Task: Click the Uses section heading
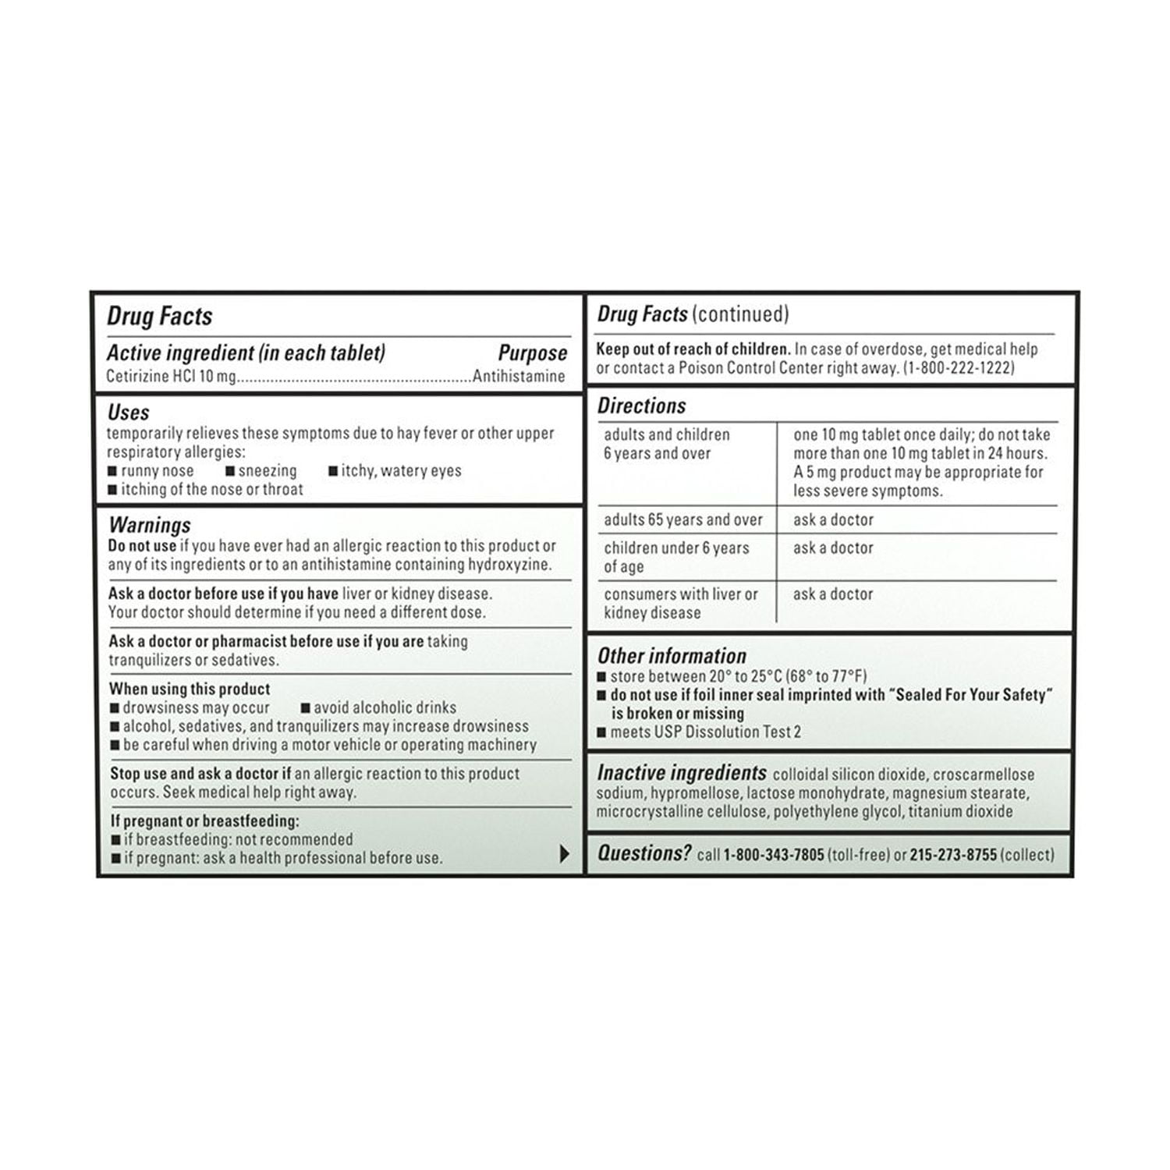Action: pos(129,413)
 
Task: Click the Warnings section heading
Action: pos(150,525)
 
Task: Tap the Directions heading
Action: pos(641,406)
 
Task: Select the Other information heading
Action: pos(672,656)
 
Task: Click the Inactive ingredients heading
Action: pos(681,773)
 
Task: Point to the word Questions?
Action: pos(643,853)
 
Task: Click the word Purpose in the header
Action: pos(532,353)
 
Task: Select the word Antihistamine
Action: pos(519,376)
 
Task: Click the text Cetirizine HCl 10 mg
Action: pos(171,376)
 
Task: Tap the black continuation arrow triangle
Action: pos(565,854)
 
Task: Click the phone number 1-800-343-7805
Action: pos(773,855)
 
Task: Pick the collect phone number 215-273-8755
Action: pos(953,855)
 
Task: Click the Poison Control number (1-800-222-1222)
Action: pos(959,368)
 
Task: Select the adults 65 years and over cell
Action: pos(683,519)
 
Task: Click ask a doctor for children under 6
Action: pos(833,548)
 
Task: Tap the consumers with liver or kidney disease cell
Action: pos(680,603)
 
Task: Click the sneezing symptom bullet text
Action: pos(268,471)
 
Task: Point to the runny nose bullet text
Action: pos(158,471)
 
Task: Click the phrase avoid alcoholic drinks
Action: pos(385,707)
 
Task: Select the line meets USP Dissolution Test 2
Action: pos(705,732)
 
